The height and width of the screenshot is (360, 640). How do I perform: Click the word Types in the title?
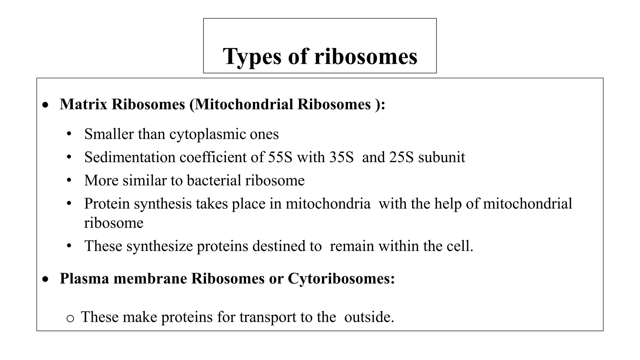pos(252,57)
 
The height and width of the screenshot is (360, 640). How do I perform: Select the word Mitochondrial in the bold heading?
pos(244,104)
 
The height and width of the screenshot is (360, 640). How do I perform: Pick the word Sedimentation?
pos(130,157)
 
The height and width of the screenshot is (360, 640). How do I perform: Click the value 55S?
pos(280,157)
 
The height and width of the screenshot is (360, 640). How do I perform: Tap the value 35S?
pos(341,157)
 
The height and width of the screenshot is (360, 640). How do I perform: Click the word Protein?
pos(107,204)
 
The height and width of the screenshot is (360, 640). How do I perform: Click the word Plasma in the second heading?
pos(84,278)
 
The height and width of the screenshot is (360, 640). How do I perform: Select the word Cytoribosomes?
pos(341,278)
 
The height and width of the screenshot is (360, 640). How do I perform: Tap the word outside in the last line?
pos(369,317)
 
